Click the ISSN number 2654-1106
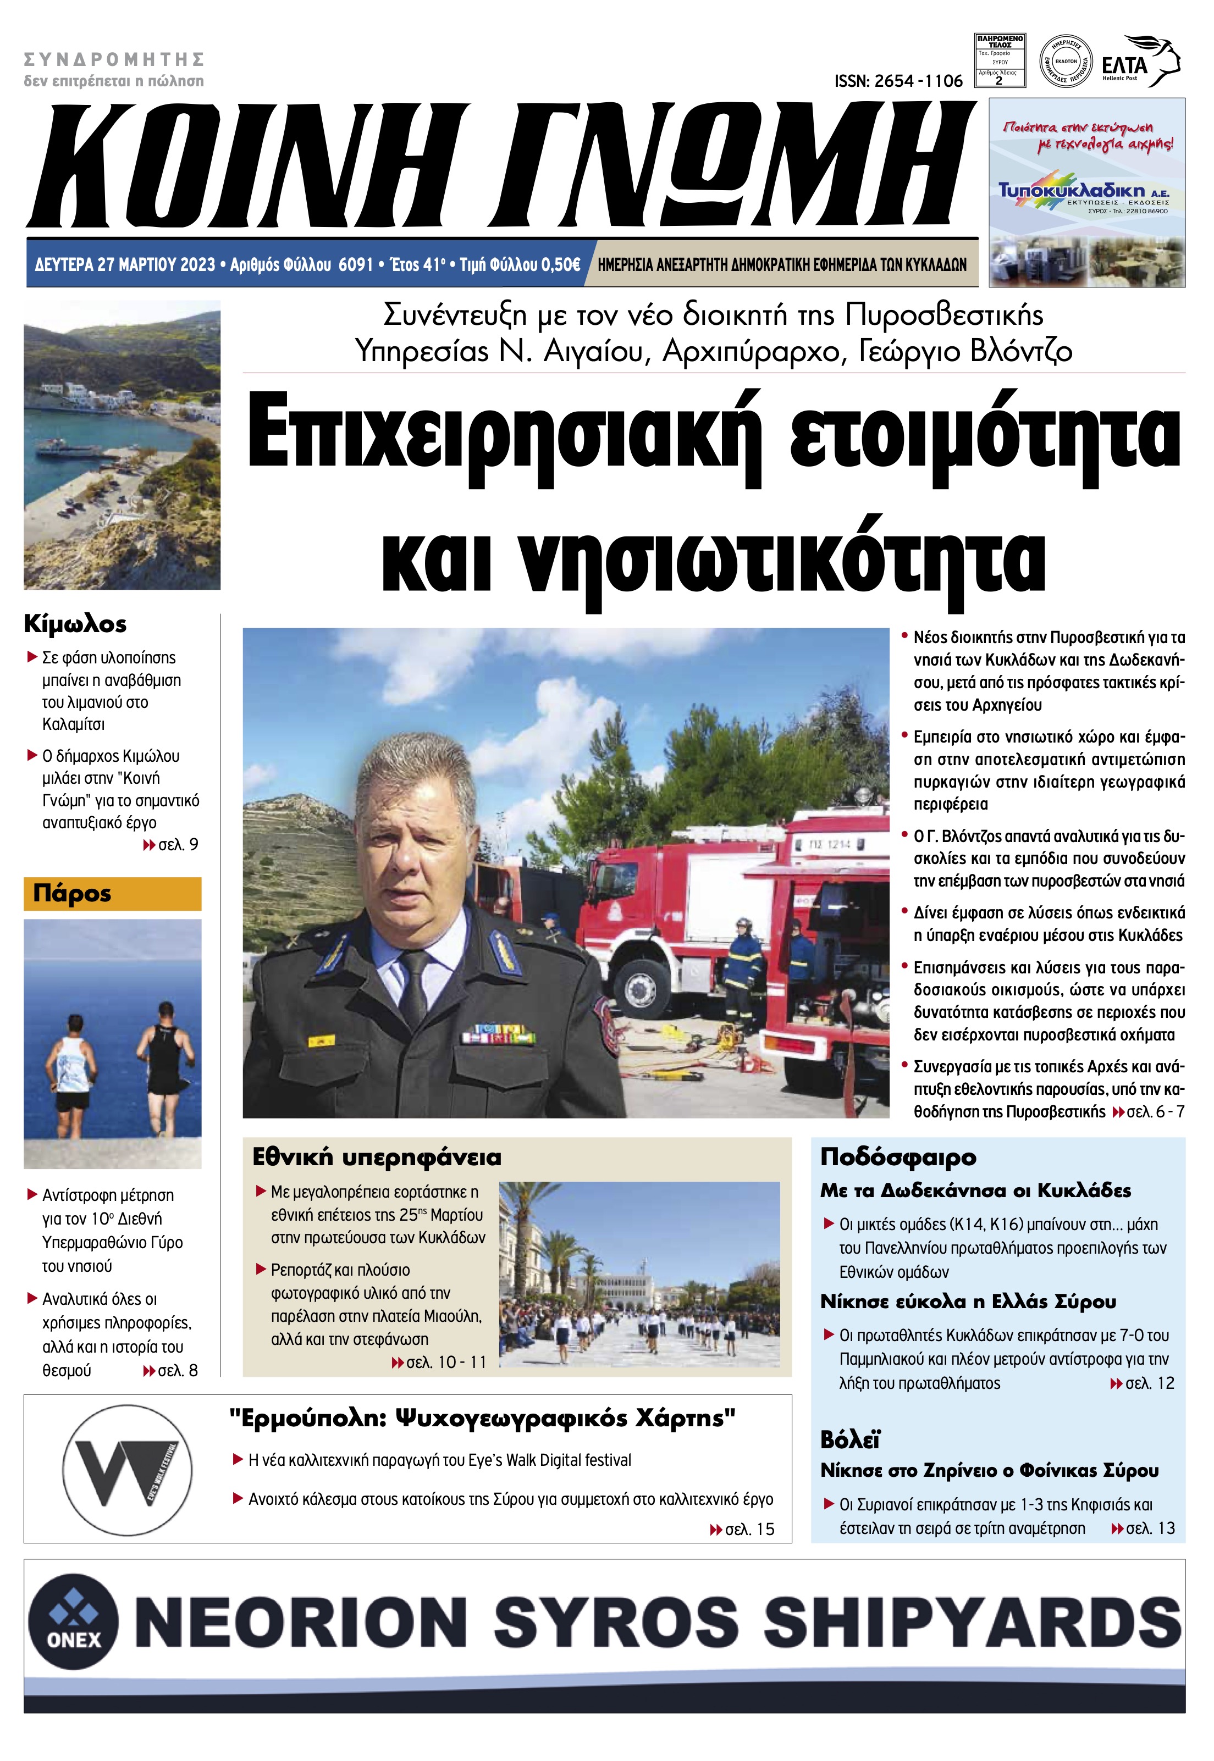coord(898,81)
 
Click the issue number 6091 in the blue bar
coord(355,264)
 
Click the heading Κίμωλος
coord(75,624)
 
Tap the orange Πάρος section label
coord(113,894)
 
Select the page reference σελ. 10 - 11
coord(439,1362)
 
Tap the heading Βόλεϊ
coord(851,1439)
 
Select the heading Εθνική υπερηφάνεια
coord(377,1158)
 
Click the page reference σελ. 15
coord(742,1529)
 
